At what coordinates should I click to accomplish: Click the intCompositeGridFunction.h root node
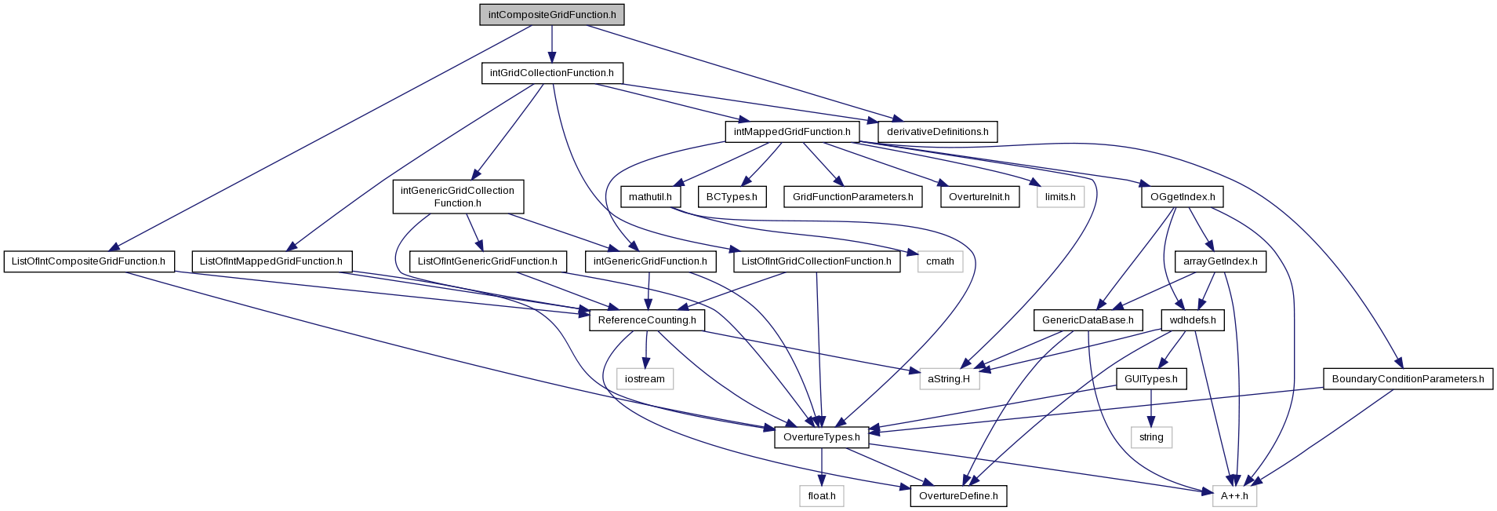pos(552,15)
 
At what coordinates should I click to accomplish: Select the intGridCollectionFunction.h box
pos(552,73)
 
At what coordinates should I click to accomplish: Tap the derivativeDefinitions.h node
pos(937,132)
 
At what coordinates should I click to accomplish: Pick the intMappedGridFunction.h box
pos(792,132)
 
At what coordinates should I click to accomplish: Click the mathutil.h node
pos(650,197)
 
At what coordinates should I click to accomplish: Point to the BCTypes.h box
pos(732,197)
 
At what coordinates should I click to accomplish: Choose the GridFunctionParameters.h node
pos(852,197)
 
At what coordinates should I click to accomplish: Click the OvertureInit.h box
pos(979,197)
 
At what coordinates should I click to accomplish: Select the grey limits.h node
pos(1060,197)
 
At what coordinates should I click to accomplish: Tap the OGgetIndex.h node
pos(1182,197)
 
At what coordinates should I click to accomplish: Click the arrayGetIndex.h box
pos(1220,261)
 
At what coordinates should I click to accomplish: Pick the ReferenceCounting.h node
pos(647,320)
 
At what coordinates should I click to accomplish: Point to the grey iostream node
pos(645,379)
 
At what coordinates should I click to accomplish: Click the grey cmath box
pos(940,261)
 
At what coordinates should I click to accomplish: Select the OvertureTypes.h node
pos(822,437)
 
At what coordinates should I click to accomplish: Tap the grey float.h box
pos(822,496)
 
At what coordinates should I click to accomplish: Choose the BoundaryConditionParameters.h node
pos(1408,379)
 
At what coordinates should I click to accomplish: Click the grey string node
pos(1151,437)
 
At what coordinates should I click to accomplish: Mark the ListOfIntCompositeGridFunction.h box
pos(89,261)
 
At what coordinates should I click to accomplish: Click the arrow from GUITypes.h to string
pos(1151,408)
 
